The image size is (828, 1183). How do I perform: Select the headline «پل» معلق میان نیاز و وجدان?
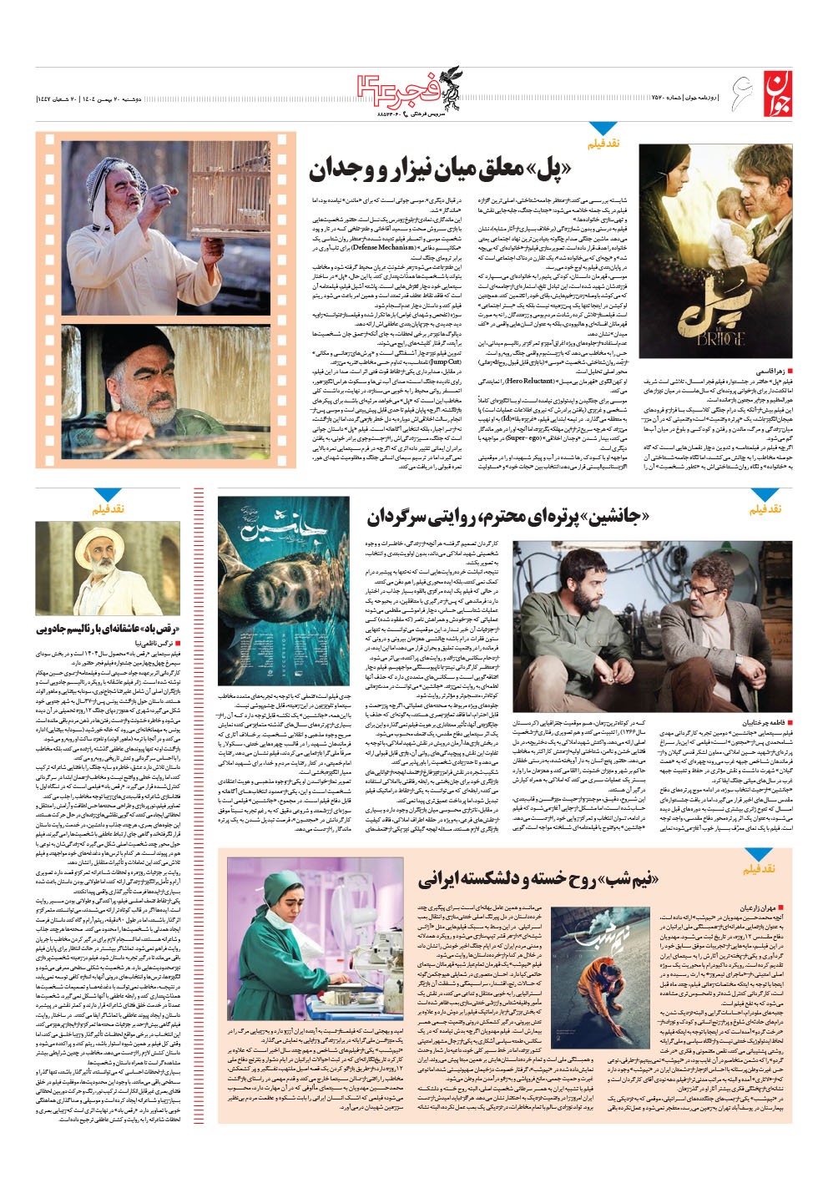click(440, 169)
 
